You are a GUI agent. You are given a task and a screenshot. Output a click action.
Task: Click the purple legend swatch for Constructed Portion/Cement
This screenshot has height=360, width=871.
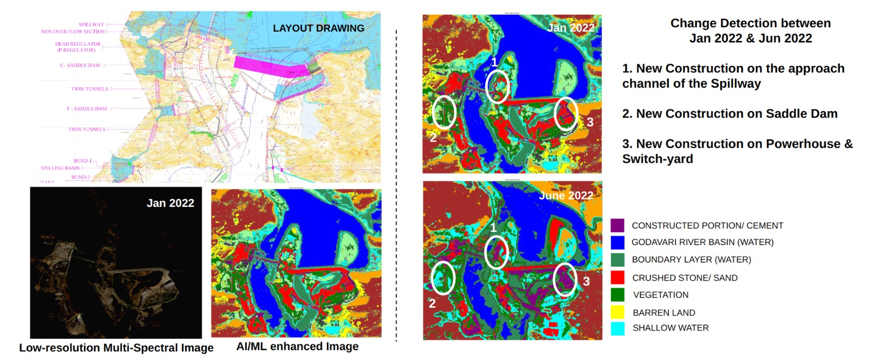coord(617,225)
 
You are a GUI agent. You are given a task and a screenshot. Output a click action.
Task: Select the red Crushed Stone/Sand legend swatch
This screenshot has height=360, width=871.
coord(617,277)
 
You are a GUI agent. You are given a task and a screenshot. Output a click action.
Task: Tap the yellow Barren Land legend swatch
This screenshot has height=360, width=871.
coord(617,312)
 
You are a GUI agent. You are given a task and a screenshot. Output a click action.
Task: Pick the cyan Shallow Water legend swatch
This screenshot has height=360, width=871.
coord(617,328)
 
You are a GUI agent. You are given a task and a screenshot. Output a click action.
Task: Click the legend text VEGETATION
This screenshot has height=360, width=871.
coord(660,295)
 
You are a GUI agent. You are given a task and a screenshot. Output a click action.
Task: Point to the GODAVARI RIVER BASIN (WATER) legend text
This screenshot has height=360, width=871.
coord(702,242)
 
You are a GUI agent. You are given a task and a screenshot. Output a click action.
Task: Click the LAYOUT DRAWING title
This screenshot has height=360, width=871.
coord(318,28)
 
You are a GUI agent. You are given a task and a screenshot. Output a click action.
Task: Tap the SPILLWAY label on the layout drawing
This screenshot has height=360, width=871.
coord(91,25)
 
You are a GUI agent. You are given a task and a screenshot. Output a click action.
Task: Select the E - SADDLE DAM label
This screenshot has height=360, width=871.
coord(80,65)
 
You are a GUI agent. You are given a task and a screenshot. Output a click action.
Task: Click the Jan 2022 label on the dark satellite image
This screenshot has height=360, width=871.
coord(170,203)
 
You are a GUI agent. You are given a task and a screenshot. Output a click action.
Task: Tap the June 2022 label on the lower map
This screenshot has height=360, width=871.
coord(566,196)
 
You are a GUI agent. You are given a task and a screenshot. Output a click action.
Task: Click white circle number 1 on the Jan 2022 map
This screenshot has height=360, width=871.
coord(498,86)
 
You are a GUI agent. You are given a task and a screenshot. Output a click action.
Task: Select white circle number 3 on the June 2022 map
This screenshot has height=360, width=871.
coord(565,279)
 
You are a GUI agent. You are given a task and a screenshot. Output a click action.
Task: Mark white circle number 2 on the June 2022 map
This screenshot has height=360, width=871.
coord(443,278)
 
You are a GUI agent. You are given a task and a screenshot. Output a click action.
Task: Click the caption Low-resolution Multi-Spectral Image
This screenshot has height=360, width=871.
coord(116,348)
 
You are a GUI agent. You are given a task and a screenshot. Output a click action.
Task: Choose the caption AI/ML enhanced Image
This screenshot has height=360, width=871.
coord(297,346)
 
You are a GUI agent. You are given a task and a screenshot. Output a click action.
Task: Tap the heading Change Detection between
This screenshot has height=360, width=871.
coord(750,23)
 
